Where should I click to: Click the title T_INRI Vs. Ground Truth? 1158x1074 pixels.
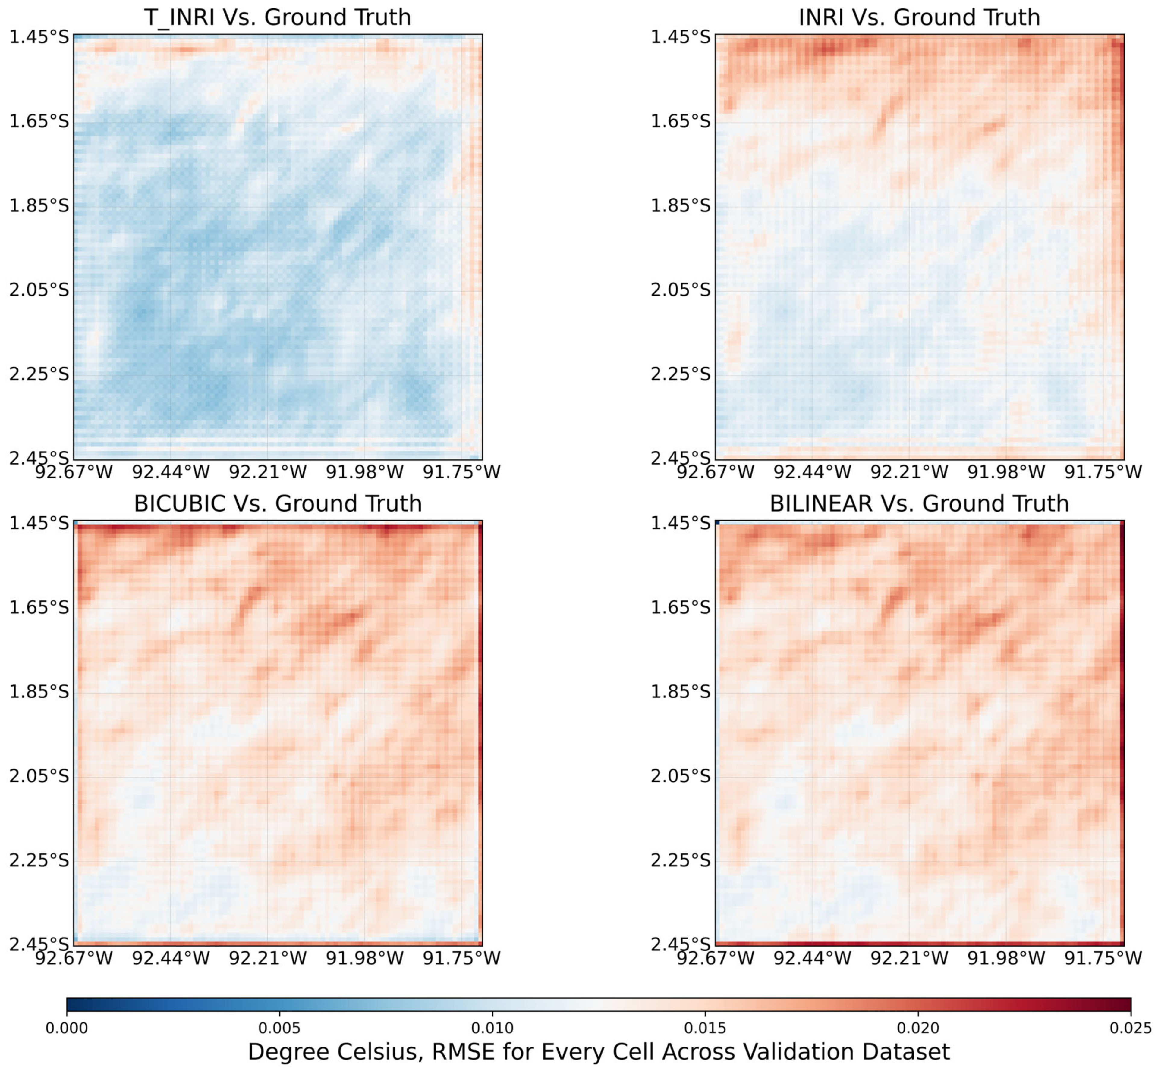pyautogui.click(x=277, y=17)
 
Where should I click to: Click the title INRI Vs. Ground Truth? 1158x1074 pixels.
pyautogui.click(x=919, y=17)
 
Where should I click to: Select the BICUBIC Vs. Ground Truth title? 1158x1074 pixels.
pyautogui.click(x=277, y=503)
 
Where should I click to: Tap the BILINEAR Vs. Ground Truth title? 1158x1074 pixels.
pyautogui.click(x=919, y=503)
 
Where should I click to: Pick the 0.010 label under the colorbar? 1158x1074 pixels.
pyautogui.click(x=492, y=1028)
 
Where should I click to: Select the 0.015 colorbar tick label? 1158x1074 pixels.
pyautogui.click(x=705, y=1028)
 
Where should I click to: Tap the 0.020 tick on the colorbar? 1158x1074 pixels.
pyautogui.click(x=918, y=1028)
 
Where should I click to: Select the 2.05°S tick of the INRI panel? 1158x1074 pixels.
pyautogui.click(x=680, y=290)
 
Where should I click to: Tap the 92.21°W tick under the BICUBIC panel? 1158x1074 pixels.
pyautogui.click(x=267, y=958)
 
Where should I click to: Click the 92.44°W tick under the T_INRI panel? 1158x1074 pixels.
pyautogui.click(x=170, y=472)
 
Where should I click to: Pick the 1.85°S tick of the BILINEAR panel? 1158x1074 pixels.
pyautogui.click(x=680, y=692)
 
